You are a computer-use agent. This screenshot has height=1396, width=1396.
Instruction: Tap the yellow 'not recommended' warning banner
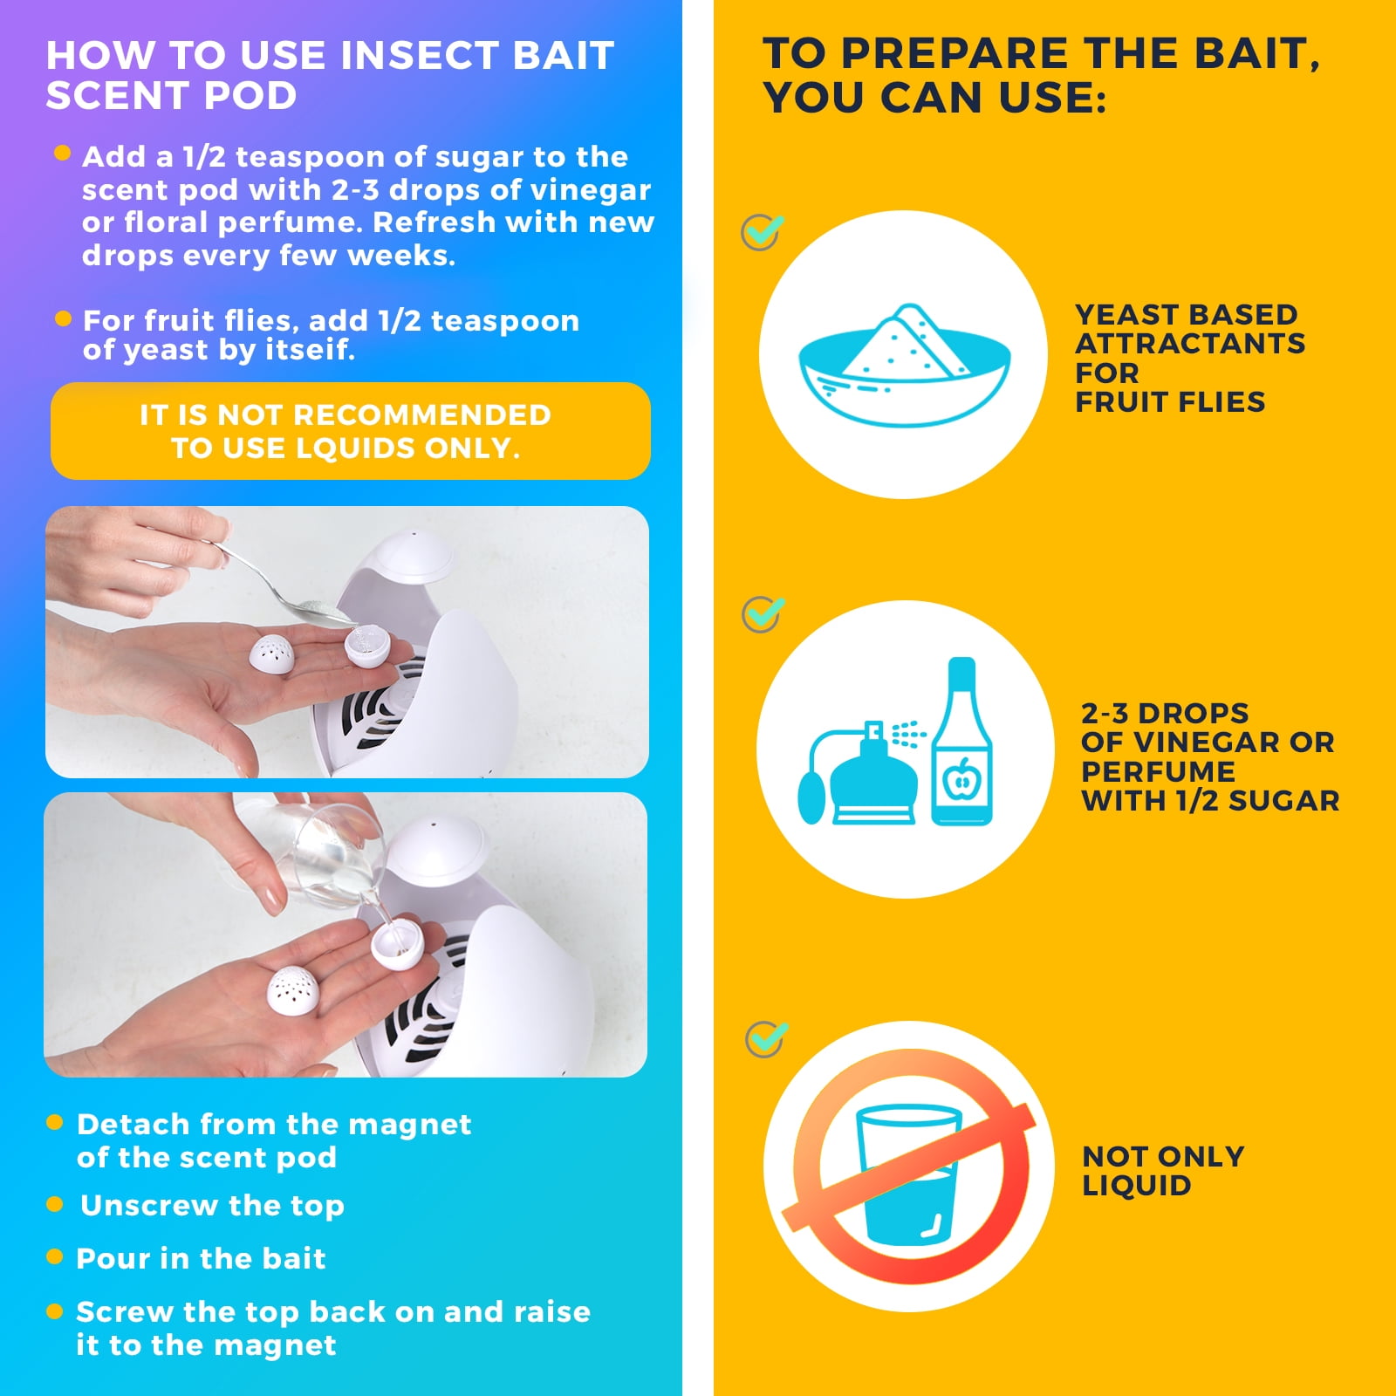click(x=350, y=431)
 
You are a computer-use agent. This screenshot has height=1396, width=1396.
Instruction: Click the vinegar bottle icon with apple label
click(x=961, y=746)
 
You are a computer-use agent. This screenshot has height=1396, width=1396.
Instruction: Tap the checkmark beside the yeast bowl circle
click(x=762, y=232)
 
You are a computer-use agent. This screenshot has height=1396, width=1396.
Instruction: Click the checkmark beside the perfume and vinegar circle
click(x=763, y=614)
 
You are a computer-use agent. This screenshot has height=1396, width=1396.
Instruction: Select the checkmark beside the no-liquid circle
click(x=766, y=1038)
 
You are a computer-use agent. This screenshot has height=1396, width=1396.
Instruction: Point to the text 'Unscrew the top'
click(x=212, y=1205)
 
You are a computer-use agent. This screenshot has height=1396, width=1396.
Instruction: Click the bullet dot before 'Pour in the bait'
click(x=54, y=1256)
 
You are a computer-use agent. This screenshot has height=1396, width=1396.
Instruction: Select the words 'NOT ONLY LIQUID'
click(x=1162, y=1171)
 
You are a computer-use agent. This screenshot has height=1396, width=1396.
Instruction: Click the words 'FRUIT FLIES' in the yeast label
click(x=1169, y=402)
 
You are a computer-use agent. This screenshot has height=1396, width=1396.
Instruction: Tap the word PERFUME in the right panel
click(x=1158, y=771)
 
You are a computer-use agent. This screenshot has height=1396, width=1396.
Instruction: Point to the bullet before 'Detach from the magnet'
click(x=54, y=1122)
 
